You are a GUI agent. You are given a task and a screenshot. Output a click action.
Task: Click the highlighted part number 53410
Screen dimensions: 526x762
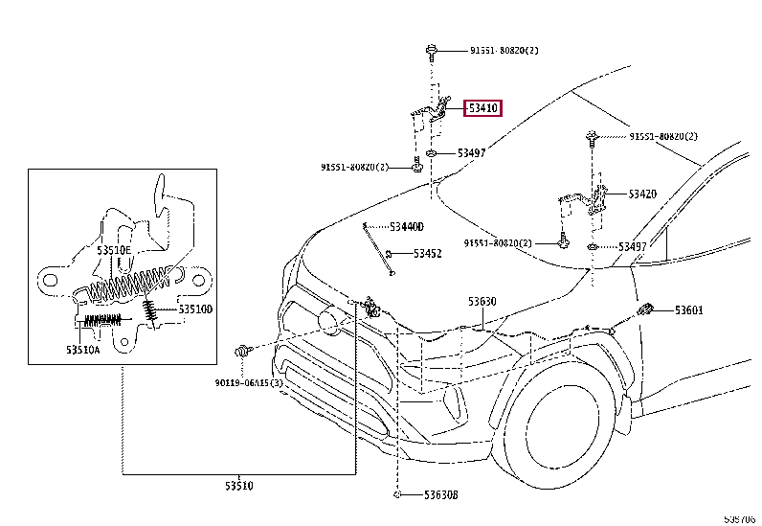tap(482, 109)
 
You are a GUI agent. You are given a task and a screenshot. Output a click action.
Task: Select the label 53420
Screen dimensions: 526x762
tap(642, 194)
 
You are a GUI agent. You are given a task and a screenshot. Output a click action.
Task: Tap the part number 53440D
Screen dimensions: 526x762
tap(406, 226)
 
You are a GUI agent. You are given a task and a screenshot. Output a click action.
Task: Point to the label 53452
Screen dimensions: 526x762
tap(427, 254)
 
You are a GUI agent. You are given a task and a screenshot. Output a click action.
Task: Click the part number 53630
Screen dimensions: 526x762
tap(482, 301)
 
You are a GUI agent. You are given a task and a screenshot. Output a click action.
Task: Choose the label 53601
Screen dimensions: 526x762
tap(688, 309)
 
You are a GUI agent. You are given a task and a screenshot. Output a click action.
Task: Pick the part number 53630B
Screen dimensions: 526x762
tap(441, 495)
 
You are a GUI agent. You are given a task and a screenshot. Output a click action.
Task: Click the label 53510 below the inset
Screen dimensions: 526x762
tap(238, 486)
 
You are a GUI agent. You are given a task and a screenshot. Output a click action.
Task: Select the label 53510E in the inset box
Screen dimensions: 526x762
tap(113, 250)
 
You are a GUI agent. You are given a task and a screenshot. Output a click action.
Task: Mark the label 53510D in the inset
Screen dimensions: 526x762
tap(193, 309)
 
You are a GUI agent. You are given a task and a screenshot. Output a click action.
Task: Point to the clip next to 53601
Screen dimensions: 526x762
tap(649, 310)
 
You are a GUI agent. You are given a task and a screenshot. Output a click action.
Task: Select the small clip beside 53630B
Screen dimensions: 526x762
tap(396, 495)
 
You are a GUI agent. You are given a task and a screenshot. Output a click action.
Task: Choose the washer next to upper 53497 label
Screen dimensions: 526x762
tap(433, 153)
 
